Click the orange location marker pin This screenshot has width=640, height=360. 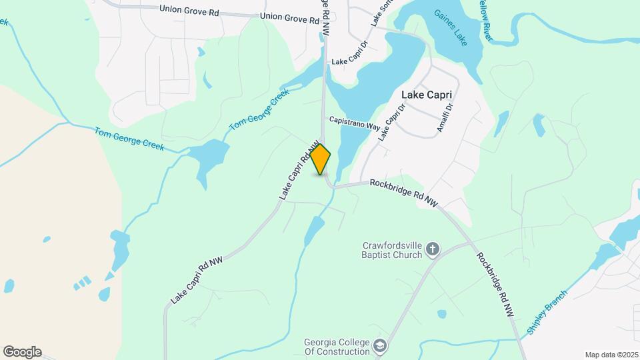click(321, 159)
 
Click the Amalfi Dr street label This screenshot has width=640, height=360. click(445, 117)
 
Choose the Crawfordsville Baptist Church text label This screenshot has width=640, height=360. click(392, 249)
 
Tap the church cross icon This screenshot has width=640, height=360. click(433, 249)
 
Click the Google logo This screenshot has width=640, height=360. click(22, 352)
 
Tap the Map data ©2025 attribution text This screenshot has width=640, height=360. click(611, 355)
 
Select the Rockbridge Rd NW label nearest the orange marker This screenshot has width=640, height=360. click(403, 193)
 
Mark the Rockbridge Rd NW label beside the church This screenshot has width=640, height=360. click(495, 283)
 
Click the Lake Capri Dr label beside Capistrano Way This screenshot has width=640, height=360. click(391, 120)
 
